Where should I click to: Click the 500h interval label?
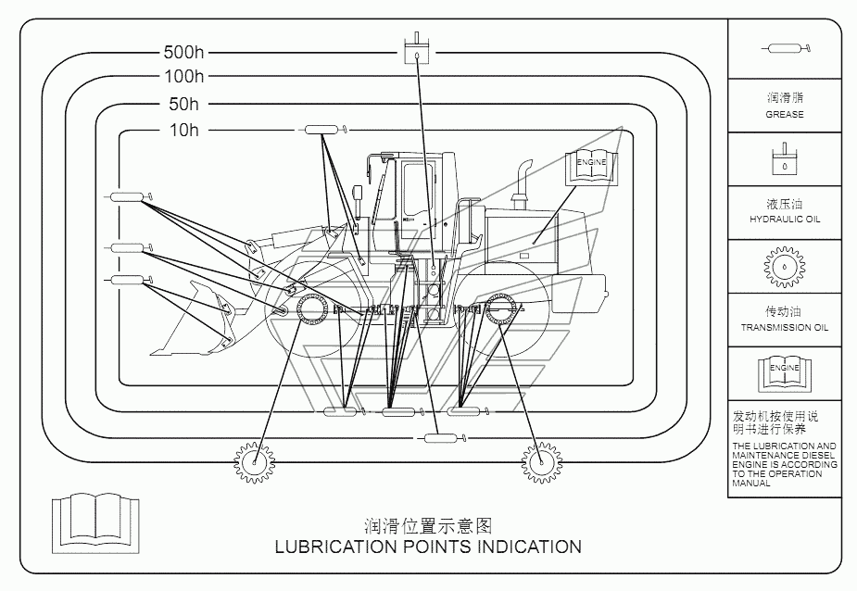(x=183, y=53)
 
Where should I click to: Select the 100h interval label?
(x=184, y=77)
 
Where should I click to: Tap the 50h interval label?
(x=184, y=104)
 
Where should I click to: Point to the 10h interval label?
(x=184, y=130)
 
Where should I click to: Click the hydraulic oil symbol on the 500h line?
(x=417, y=48)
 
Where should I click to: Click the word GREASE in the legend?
(x=785, y=115)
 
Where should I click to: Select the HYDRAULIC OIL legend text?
(x=785, y=220)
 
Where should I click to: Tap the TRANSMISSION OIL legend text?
(x=785, y=328)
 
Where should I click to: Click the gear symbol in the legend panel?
(x=785, y=267)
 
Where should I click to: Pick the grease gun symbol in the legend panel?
(x=786, y=49)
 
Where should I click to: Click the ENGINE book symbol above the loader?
(x=591, y=168)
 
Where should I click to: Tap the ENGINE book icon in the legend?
(x=785, y=373)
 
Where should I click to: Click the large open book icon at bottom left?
(x=95, y=522)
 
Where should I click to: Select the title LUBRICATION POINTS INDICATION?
(x=428, y=547)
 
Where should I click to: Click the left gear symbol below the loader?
(x=255, y=462)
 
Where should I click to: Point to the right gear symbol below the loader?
(x=541, y=462)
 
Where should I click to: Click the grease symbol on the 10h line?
(x=322, y=130)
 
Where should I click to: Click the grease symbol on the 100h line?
(x=442, y=438)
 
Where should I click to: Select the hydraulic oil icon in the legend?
(x=785, y=159)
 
